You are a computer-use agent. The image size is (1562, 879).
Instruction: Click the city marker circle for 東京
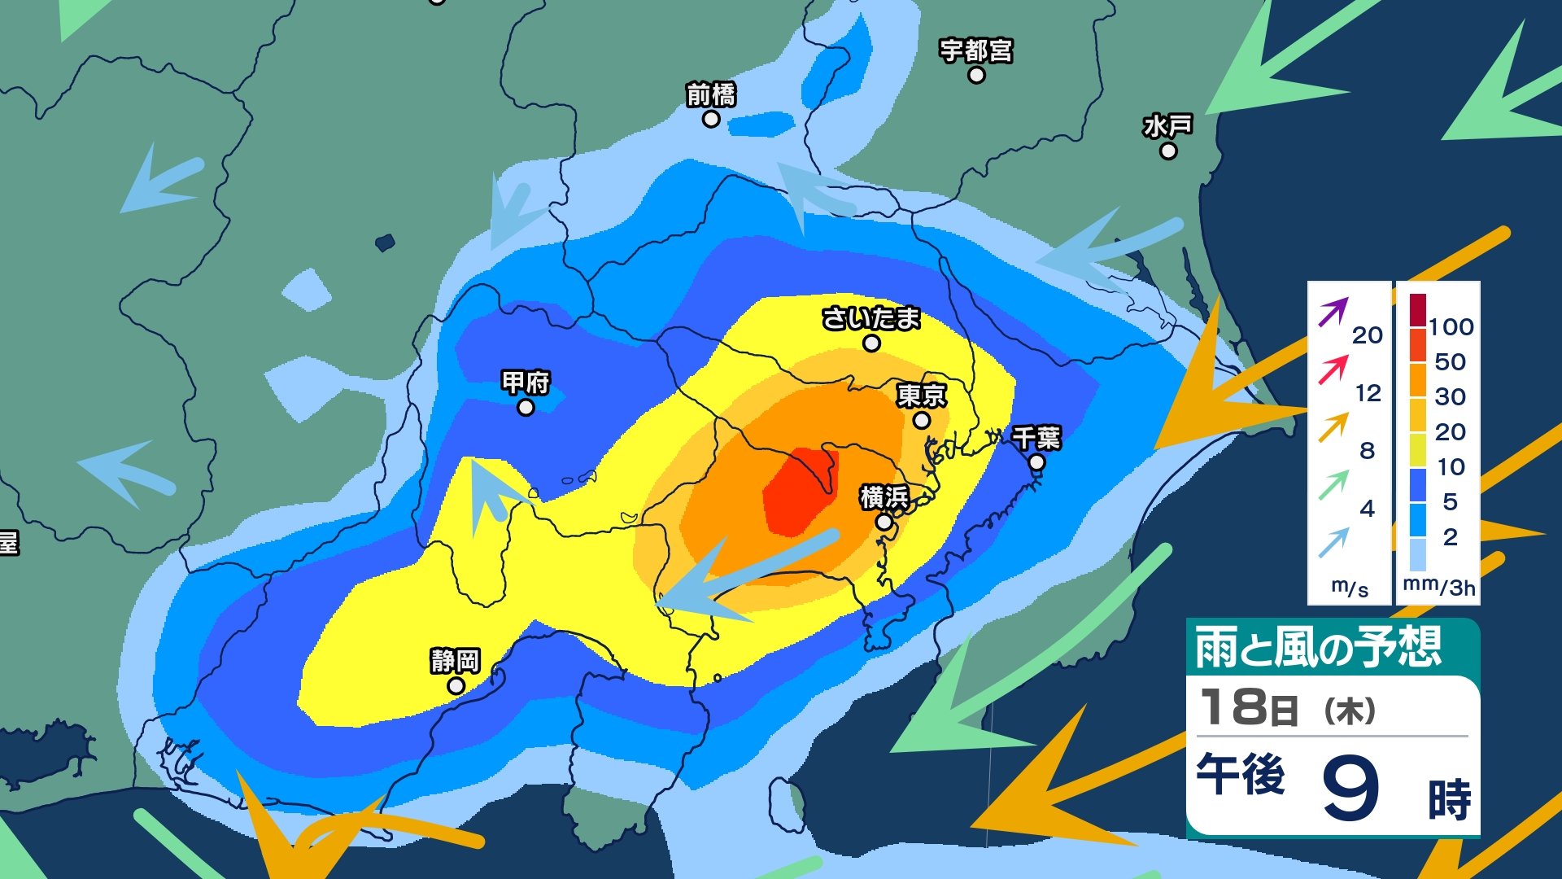coord(921,421)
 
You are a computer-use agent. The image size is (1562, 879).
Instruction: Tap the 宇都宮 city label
coord(975,50)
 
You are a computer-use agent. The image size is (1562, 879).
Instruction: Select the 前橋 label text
coord(710,95)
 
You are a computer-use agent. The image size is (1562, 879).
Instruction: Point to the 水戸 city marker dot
coord(1168,151)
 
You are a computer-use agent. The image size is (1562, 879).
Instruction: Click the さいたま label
coord(870,318)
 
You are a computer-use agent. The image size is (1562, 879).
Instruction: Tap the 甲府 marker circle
coord(526,407)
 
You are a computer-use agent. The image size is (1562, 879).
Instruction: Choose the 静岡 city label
coord(455,661)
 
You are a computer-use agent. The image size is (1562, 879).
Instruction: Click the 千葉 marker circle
coord(1036,462)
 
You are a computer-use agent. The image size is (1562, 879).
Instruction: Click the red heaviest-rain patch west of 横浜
coord(797,492)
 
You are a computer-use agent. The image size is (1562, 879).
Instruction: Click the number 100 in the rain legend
coord(1451,327)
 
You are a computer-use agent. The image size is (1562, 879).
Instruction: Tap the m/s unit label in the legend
coord(1350,588)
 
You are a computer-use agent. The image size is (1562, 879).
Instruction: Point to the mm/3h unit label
coord(1438,587)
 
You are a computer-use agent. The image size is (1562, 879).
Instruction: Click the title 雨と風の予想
coord(1318,648)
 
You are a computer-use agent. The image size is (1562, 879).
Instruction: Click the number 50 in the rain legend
coord(1450,362)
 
